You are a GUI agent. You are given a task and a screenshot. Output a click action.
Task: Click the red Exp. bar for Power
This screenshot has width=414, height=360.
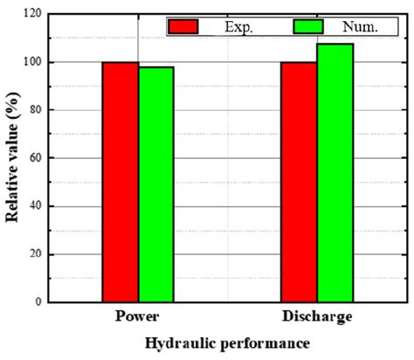(120, 182)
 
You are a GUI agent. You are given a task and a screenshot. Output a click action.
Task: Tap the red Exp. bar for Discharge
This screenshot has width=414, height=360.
(298, 182)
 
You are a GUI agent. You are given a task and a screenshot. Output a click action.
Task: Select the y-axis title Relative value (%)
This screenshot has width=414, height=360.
(13, 157)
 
